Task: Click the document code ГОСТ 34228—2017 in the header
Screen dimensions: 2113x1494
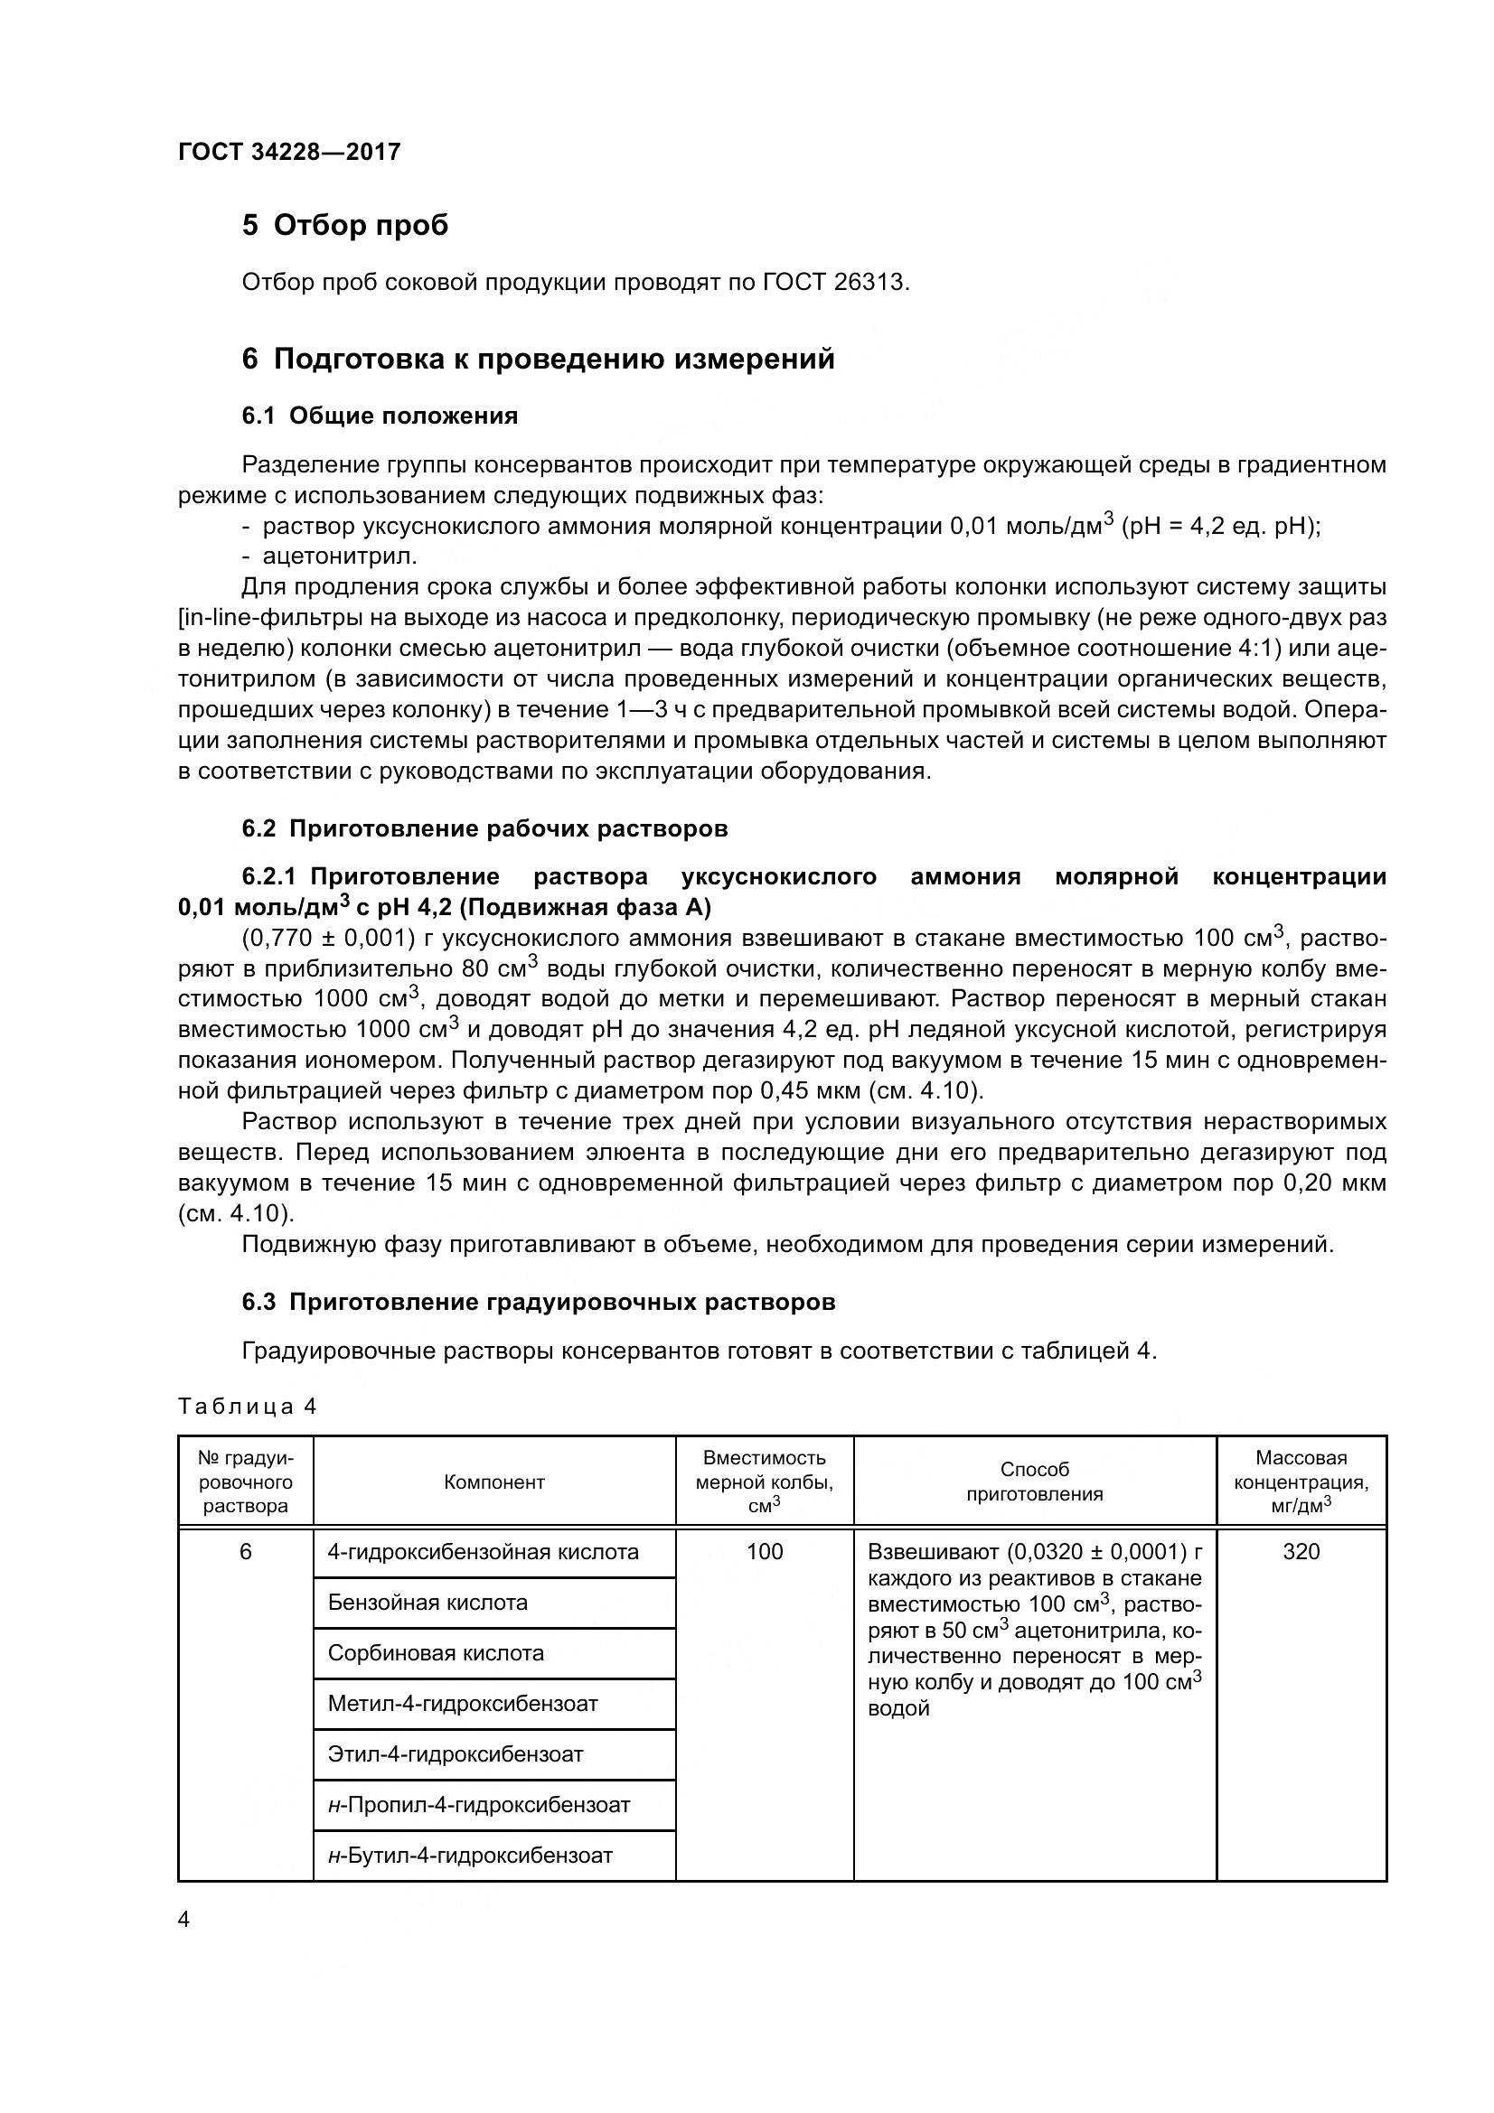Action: (x=289, y=153)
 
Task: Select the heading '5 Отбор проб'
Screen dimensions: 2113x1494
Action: (x=345, y=226)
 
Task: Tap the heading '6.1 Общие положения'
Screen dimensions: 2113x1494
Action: (x=380, y=416)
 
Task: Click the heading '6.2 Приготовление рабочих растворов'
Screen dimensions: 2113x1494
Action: (x=484, y=828)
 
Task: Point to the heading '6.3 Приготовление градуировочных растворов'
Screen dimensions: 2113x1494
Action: (x=539, y=1303)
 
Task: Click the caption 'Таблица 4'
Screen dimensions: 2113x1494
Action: (x=247, y=1407)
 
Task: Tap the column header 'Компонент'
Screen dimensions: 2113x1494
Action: (x=494, y=1482)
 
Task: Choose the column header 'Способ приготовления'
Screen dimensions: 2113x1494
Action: (x=1035, y=1482)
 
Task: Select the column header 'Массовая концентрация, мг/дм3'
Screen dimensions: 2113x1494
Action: (x=1301, y=1482)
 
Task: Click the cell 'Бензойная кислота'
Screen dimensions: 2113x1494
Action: (x=428, y=1603)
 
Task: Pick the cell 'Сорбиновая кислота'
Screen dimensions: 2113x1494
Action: (x=436, y=1653)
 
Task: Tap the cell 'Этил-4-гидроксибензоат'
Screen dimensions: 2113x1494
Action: (x=455, y=1754)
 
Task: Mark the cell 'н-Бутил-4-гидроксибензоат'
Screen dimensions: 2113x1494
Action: (x=469, y=1856)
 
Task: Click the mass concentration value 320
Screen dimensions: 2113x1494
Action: (x=1301, y=1553)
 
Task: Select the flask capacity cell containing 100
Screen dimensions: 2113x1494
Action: (x=764, y=1553)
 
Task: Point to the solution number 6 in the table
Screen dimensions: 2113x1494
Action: (x=245, y=1553)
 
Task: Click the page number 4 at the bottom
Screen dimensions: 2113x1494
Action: (x=184, y=1920)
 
